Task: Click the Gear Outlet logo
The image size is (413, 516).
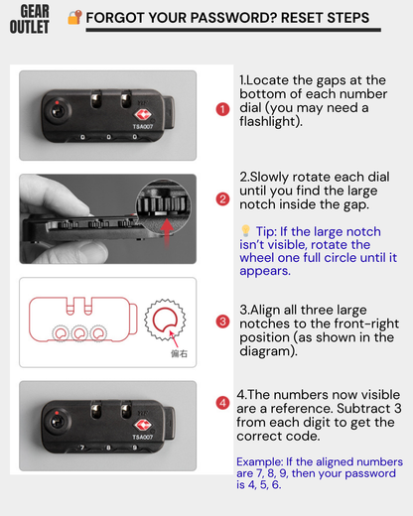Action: tap(30, 20)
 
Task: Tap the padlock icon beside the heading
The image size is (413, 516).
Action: tap(74, 17)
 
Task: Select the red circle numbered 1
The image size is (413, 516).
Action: tap(222, 109)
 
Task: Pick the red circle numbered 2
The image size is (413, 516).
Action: tap(222, 199)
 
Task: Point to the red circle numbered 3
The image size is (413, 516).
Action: tap(222, 322)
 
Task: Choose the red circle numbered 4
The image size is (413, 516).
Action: tap(222, 403)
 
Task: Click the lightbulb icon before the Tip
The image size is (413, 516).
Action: tap(245, 230)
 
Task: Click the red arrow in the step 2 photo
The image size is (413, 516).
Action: tap(167, 233)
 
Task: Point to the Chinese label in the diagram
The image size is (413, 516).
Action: tap(179, 354)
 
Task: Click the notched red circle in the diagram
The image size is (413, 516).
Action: tap(165, 320)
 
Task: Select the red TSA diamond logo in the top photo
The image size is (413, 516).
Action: tap(143, 115)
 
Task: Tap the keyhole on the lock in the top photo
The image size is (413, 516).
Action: tap(57, 111)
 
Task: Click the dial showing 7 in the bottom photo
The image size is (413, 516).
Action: tap(82, 448)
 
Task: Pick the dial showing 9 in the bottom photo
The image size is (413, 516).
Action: tap(134, 448)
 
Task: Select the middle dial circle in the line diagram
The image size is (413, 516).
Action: tap(79, 333)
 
